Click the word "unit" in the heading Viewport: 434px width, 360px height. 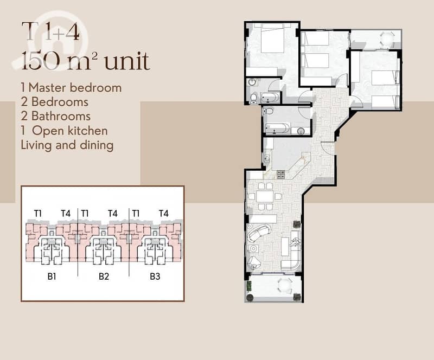coord(127,61)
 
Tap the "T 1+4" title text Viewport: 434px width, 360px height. coord(50,31)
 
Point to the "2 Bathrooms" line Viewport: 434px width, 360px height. coord(56,116)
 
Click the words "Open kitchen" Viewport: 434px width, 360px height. coord(70,131)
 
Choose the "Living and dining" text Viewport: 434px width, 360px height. coord(67,145)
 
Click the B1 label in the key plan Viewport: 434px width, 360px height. coord(52,276)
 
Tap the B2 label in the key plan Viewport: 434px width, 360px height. coord(104,276)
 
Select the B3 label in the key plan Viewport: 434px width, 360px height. coord(155,276)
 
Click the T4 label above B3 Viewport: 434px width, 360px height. coord(164,214)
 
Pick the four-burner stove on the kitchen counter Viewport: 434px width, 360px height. coord(280,175)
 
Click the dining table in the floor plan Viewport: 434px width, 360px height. coord(265,196)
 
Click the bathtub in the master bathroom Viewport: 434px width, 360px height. coord(270,98)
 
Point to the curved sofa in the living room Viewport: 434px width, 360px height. coord(259,233)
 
